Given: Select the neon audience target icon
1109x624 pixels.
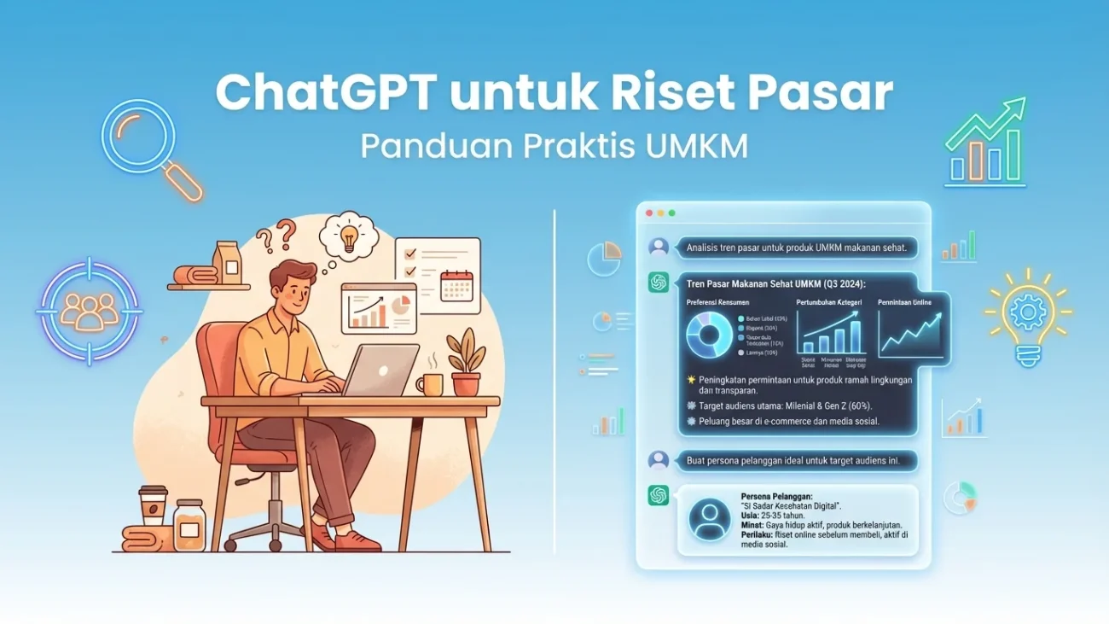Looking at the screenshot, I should pyautogui.click(x=89, y=311).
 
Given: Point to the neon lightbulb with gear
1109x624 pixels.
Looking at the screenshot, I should pyautogui.click(x=1027, y=315).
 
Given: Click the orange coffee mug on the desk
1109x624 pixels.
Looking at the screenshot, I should pyautogui.click(x=431, y=385).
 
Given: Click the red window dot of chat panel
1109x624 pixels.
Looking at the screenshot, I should pyautogui.click(x=649, y=213).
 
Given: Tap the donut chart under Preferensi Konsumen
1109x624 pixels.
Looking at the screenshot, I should pyautogui.click(x=708, y=334).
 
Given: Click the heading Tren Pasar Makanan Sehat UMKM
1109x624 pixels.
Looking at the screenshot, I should pyautogui.click(x=775, y=283).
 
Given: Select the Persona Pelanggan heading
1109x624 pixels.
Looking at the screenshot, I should pyautogui.click(x=777, y=496).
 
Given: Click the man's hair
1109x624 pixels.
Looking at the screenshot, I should pyautogui.click(x=292, y=272).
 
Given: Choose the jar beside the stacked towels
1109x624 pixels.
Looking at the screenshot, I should pyautogui.click(x=189, y=524).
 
